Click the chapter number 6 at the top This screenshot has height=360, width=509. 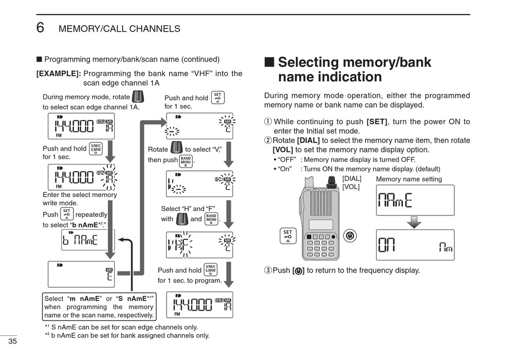(40, 27)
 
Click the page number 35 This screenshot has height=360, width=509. (12, 342)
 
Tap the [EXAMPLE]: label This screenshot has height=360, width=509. (58, 74)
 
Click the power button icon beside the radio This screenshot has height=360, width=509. (350, 235)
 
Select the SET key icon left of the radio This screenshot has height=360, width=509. (288, 236)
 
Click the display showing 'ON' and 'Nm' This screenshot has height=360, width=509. (415, 245)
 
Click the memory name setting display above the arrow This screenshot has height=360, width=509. (415, 200)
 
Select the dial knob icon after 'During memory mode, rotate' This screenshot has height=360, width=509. (138, 97)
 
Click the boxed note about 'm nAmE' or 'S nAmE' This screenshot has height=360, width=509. (99, 307)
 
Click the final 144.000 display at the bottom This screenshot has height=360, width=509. (200, 304)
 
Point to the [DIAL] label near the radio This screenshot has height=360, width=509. (351, 178)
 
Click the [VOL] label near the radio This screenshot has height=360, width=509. (351, 187)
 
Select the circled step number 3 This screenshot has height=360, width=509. (268, 271)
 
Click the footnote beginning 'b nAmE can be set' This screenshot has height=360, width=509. (129, 336)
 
